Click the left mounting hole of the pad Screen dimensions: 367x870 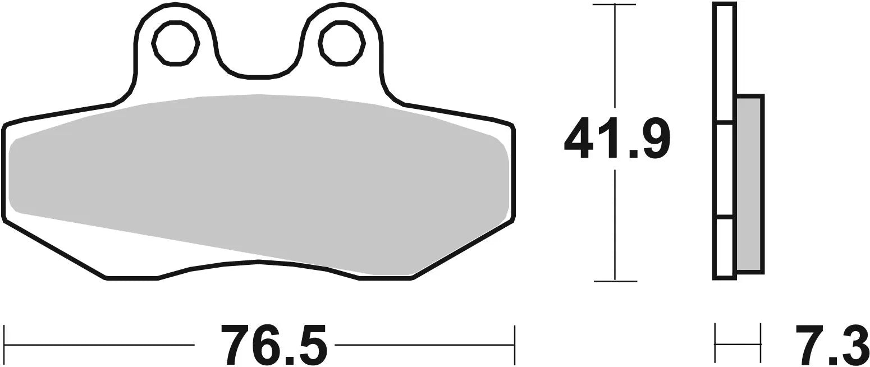(x=176, y=44)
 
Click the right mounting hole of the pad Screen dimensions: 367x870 (x=342, y=44)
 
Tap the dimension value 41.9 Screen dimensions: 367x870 (x=616, y=138)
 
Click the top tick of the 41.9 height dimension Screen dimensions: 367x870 (x=615, y=5)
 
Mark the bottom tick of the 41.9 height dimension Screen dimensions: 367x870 (x=615, y=281)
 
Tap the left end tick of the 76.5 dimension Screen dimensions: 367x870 (x=4, y=343)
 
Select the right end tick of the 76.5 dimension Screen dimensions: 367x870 (x=514, y=343)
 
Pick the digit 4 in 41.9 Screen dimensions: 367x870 (x=578, y=138)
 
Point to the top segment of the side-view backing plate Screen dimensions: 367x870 (x=725, y=62)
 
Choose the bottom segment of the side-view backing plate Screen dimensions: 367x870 (x=725, y=247)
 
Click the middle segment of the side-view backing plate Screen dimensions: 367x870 (x=725, y=168)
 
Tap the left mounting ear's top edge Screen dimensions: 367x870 (x=175, y=4)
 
